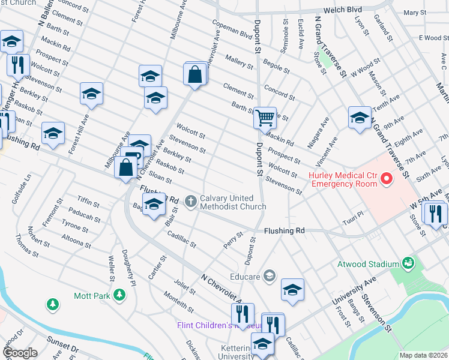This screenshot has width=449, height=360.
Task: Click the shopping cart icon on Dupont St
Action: tap(265, 118)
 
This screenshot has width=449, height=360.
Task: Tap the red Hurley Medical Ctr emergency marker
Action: tap(387, 179)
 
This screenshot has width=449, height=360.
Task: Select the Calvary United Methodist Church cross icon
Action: tap(191, 201)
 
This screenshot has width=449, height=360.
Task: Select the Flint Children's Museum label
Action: tap(217, 326)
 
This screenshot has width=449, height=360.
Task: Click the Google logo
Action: tap(19, 352)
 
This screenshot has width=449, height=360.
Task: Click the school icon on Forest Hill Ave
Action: tap(91, 94)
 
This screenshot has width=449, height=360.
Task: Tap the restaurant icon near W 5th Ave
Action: tap(435, 213)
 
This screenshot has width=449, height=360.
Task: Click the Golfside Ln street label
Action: tap(27, 188)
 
